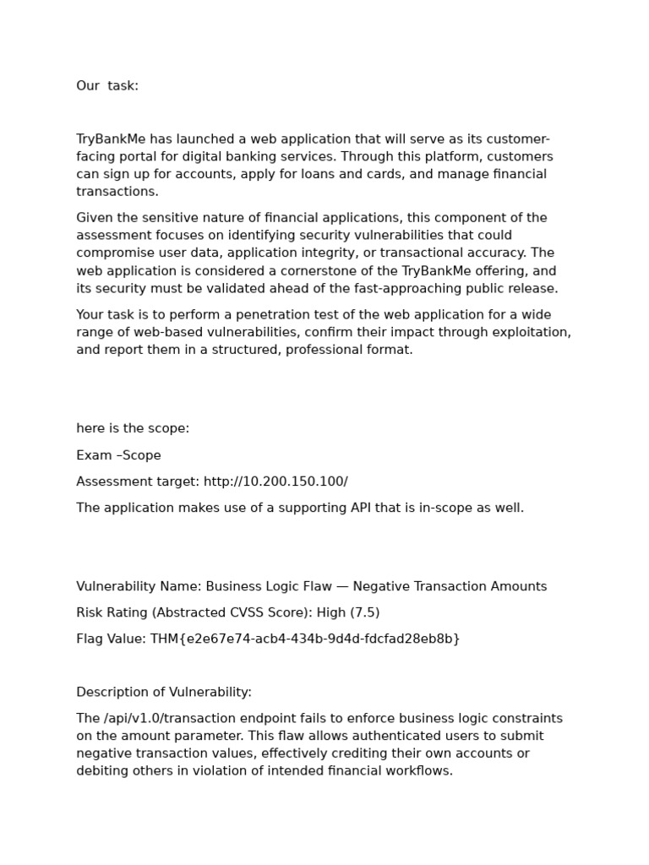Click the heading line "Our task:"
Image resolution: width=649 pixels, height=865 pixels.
pyautogui.click(x=107, y=85)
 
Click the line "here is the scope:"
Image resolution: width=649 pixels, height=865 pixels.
pyautogui.click(x=133, y=428)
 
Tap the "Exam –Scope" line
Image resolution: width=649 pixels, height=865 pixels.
pyautogui.click(x=118, y=455)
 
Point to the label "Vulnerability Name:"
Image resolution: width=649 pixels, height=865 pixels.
pyautogui.click(x=139, y=586)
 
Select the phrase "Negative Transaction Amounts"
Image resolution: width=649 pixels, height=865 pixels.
pyautogui.click(x=450, y=586)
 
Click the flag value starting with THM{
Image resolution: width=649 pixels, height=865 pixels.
pyautogui.click(x=305, y=639)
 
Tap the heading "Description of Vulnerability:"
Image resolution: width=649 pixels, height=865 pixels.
pyautogui.click(x=164, y=692)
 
